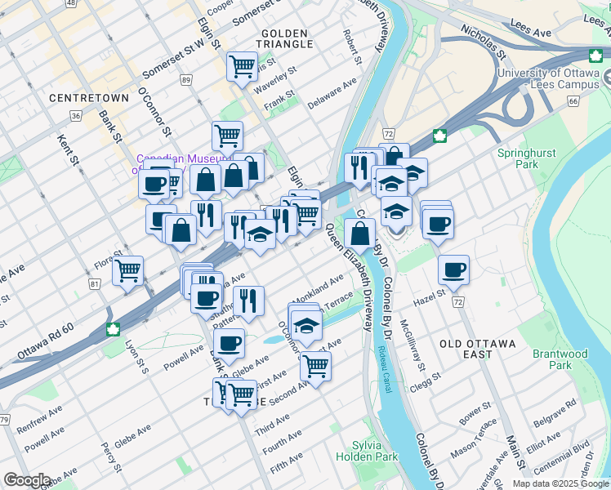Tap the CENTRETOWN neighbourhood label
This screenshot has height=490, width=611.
point(89,98)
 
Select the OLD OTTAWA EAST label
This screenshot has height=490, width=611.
point(477,349)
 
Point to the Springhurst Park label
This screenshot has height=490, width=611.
point(516,158)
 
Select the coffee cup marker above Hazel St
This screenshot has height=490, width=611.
point(453,269)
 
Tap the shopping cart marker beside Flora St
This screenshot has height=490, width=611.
point(127,269)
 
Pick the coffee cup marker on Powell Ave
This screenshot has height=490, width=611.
point(230,343)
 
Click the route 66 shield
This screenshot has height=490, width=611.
point(573,101)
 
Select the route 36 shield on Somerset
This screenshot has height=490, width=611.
point(76,116)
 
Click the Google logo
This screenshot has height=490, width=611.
point(27,480)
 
